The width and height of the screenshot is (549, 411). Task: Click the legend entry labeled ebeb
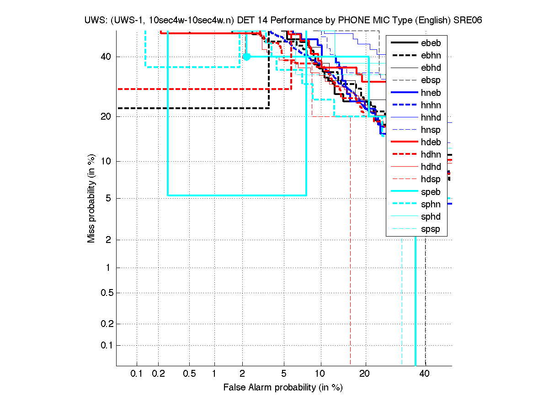click(x=431, y=43)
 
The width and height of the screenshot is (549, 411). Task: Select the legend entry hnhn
click(x=431, y=105)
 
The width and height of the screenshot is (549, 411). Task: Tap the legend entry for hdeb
click(x=431, y=142)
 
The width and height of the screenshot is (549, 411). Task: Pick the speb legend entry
click(x=431, y=192)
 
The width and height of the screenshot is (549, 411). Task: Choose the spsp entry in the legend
click(x=431, y=229)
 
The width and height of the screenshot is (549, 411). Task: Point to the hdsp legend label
click(x=431, y=179)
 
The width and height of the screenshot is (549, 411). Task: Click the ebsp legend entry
click(x=431, y=80)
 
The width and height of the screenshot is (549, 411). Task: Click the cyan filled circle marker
click(x=246, y=57)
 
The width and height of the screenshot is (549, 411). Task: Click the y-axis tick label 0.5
click(x=107, y=293)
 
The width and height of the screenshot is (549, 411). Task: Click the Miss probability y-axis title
click(x=92, y=199)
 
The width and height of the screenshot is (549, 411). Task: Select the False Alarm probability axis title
click(x=283, y=388)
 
